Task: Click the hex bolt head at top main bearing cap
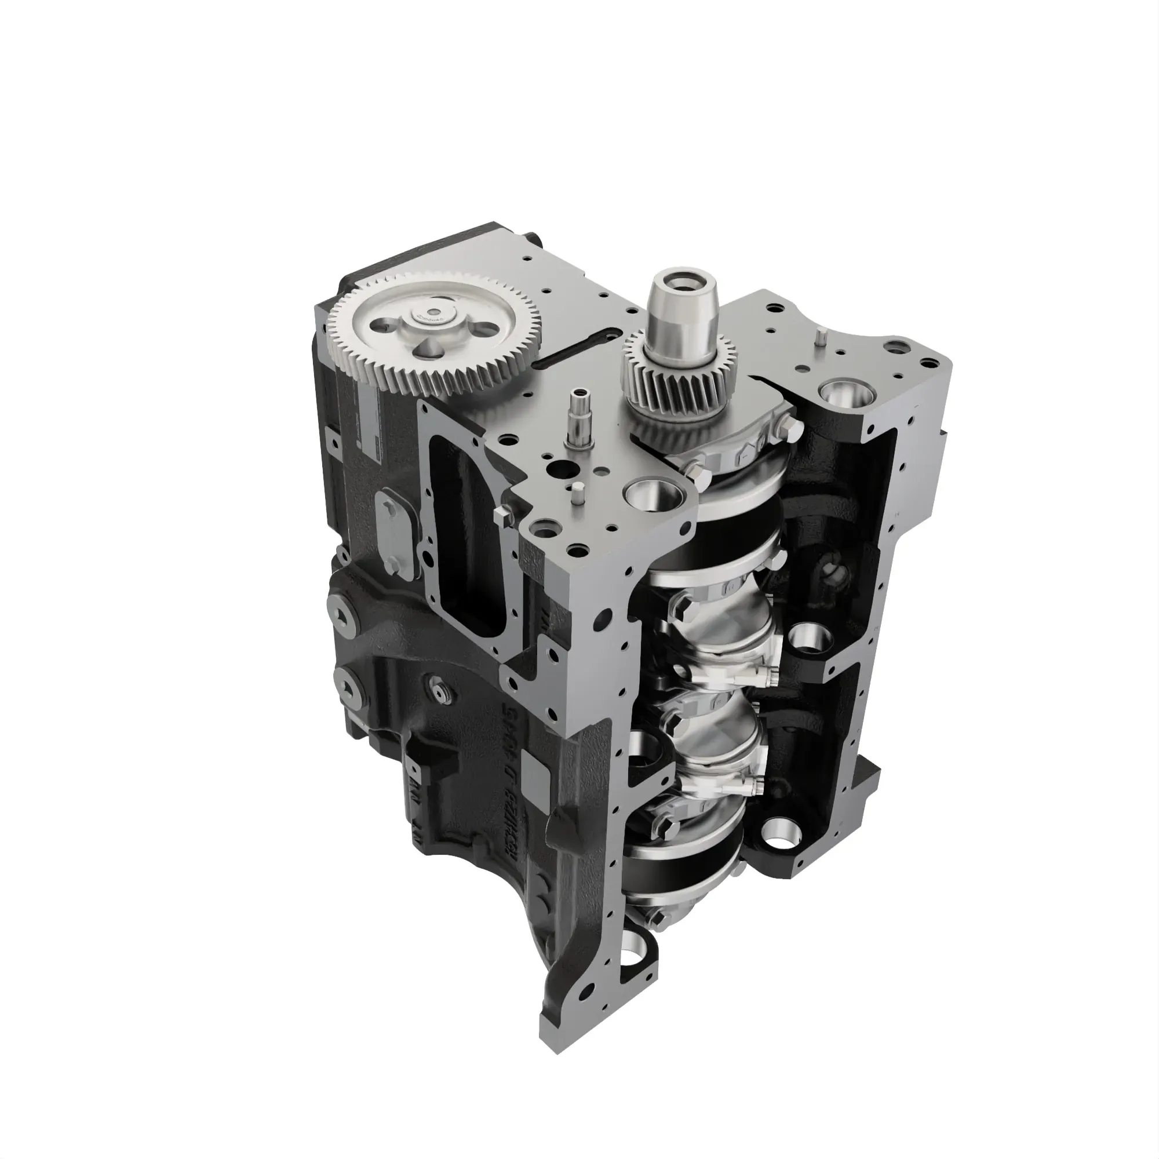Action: click(x=788, y=428)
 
